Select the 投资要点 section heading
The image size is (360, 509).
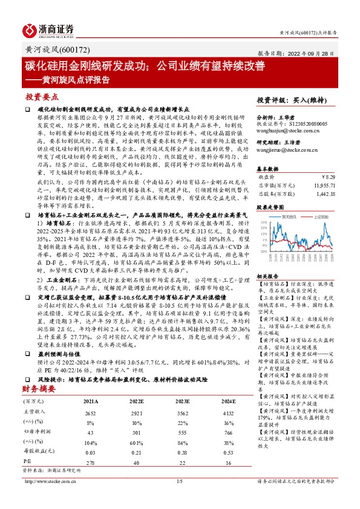tap(41, 96)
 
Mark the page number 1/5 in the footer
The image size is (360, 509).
tap(179, 498)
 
